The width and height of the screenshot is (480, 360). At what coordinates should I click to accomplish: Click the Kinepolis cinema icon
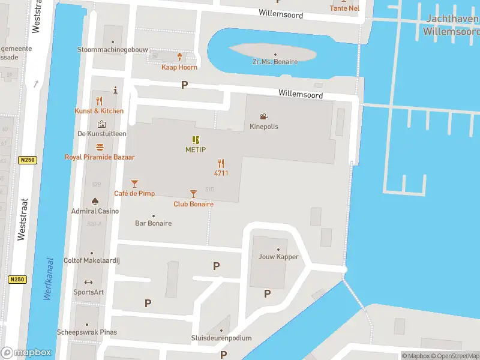click(x=264, y=116)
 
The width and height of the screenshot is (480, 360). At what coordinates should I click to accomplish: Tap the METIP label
click(x=196, y=149)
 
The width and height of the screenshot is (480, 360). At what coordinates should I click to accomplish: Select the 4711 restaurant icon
click(x=221, y=163)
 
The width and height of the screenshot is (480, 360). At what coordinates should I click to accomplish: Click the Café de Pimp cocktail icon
click(x=134, y=183)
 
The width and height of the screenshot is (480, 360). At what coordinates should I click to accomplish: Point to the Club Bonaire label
click(x=193, y=204)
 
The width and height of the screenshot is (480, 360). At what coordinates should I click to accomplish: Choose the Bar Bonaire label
click(x=153, y=223)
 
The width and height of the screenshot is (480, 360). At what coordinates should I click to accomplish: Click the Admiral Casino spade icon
click(x=95, y=201)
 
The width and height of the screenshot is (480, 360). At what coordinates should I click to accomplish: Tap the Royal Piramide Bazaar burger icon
click(x=100, y=147)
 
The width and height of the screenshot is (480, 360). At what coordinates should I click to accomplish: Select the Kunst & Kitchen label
click(x=99, y=111)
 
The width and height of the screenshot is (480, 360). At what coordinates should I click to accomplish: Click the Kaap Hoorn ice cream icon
click(x=179, y=57)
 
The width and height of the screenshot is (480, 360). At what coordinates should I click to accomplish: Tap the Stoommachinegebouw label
click(x=112, y=50)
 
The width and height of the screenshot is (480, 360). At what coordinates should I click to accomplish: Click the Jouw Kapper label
click(x=278, y=257)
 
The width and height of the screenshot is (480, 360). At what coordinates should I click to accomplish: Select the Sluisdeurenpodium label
click(x=221, y=338)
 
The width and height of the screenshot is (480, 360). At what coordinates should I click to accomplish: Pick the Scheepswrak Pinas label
click(x=86, y=332)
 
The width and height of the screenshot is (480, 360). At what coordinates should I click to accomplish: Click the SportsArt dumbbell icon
click(x=88, y=282)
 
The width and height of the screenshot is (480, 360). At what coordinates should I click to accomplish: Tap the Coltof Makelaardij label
click(x=91, y=260)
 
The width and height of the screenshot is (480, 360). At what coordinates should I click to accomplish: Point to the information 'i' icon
click(x=114, y=90)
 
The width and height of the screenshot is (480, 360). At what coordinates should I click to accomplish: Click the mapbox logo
click(x=26, y=353)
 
